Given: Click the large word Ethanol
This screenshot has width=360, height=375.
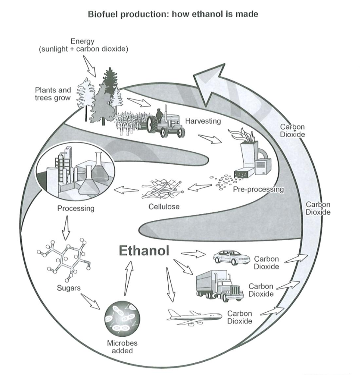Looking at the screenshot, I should click(144, 251).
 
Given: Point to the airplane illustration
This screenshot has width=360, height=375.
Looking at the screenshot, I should click(194, 316).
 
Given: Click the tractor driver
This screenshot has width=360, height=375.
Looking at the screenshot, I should click(159, 115).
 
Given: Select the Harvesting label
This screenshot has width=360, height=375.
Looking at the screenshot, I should click(203, 121).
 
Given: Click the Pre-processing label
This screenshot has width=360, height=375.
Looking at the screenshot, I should click(258, 190).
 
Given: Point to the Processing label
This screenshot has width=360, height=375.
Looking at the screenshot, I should click(76, 209).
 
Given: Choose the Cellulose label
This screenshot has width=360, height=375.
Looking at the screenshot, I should click(164, 206).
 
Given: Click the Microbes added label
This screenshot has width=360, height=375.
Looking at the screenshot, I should click(122, 347).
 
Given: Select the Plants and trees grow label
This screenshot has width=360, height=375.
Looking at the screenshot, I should click(53, 94).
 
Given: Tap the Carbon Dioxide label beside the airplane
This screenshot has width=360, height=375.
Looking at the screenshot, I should click(239, 317).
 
